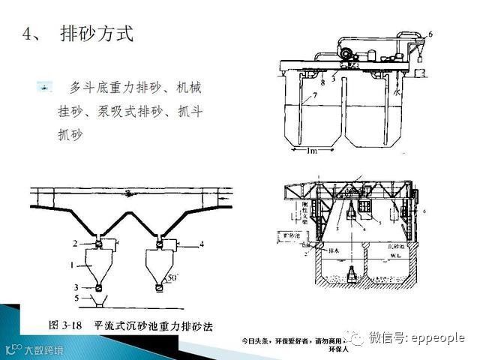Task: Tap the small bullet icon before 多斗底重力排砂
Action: click(46, 88)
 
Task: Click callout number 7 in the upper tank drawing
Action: click(315, 96)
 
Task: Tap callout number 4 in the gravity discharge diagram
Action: click(202, 243)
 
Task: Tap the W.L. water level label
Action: click(394, 255)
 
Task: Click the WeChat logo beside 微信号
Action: click(355, 337)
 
